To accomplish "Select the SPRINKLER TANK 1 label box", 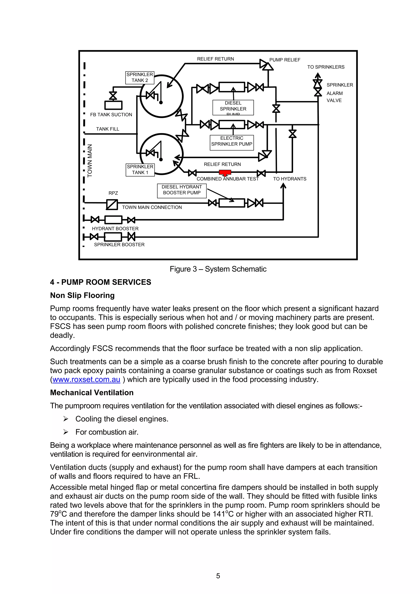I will (140, 170).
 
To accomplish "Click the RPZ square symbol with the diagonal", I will (112, 205).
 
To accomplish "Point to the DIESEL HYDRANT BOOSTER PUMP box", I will (182, 191).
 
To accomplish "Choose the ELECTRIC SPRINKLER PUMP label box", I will (232, 142).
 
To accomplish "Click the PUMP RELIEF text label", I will (285, 60).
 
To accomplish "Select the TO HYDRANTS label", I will (289, 179).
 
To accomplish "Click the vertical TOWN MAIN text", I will (90, 161).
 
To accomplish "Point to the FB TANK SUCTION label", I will (111, 115).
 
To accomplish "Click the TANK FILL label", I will (108, 129).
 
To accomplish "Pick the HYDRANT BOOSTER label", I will (115, 228).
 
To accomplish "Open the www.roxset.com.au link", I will (86, 380).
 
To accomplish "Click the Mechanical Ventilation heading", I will (92, 392).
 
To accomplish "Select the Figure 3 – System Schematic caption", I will (218, 269).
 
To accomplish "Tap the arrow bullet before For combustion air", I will (66, 432).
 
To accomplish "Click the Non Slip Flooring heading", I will (82, 295).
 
